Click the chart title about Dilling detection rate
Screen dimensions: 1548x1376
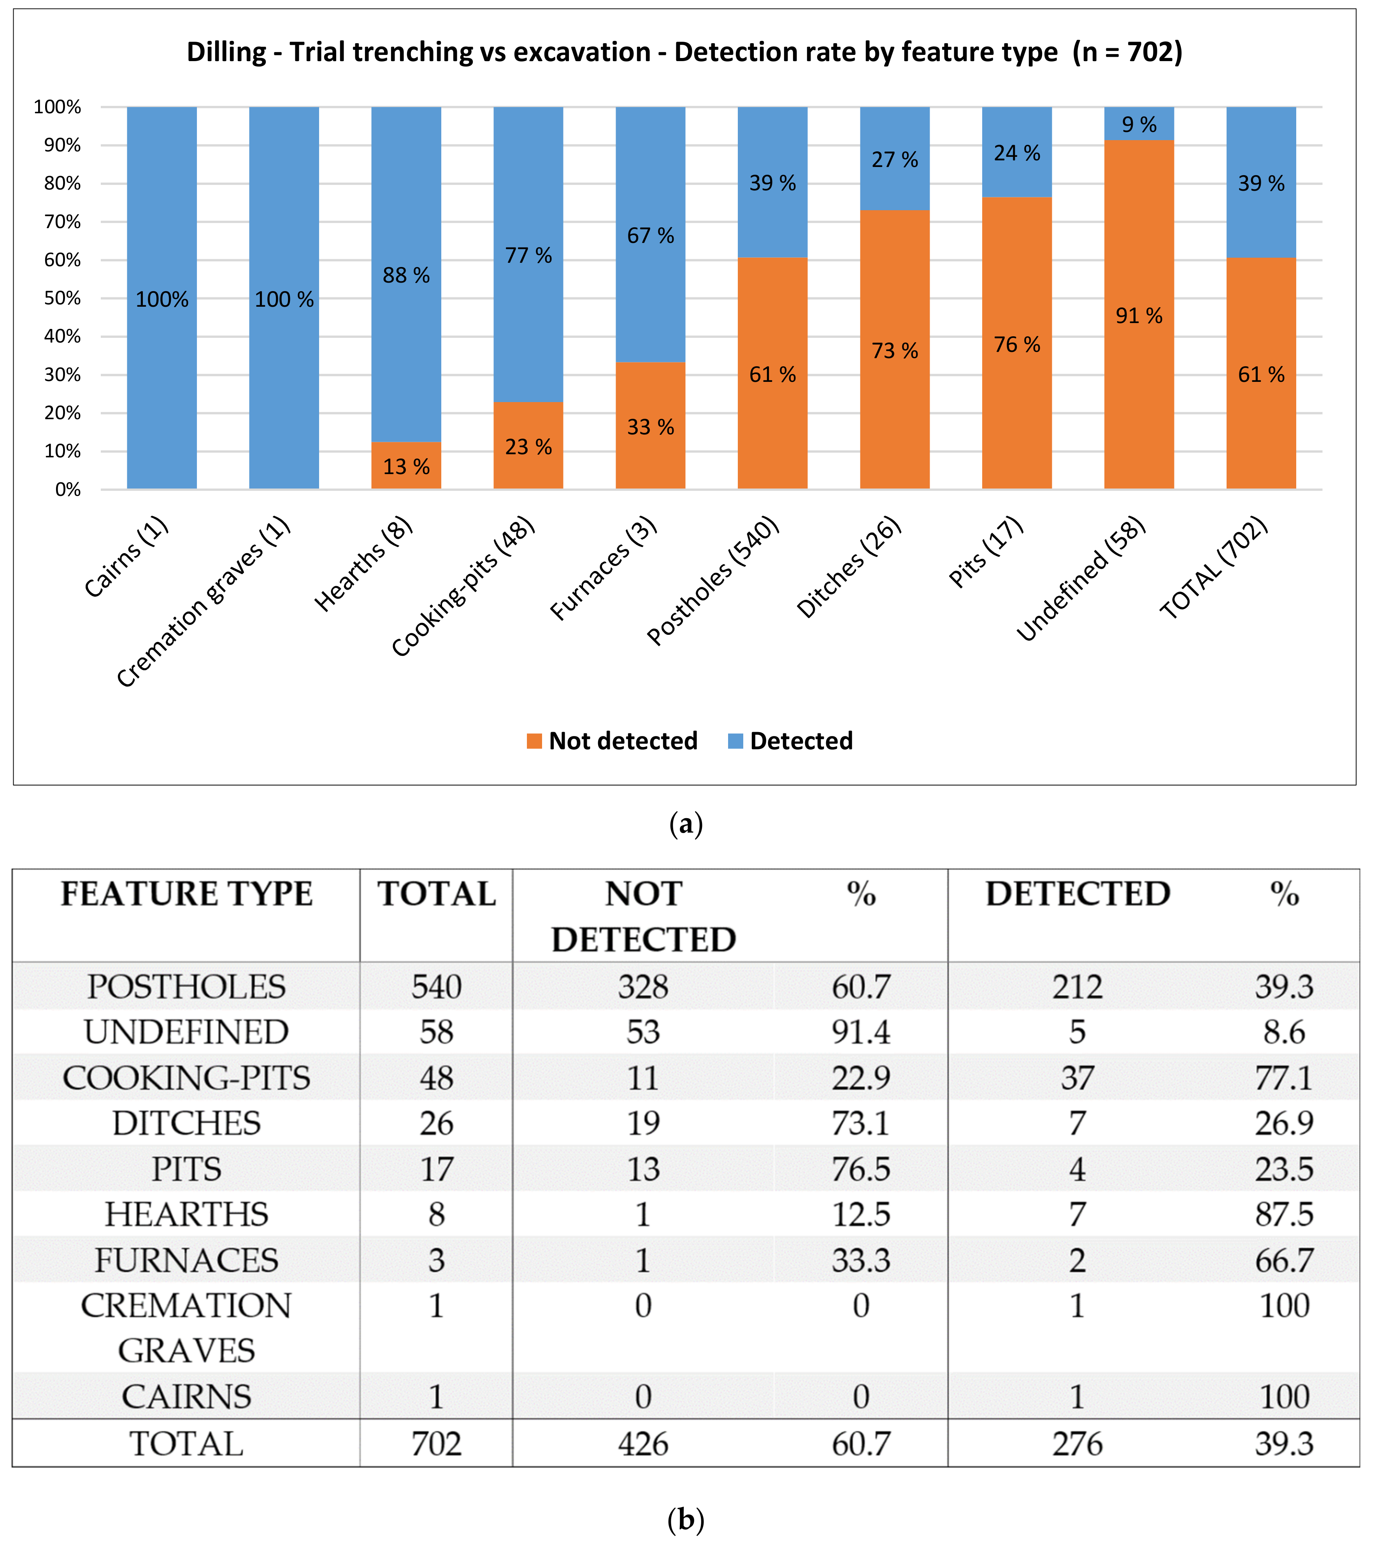(x=684, y=52)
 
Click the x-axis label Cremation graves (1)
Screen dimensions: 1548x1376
(x=203, y=602)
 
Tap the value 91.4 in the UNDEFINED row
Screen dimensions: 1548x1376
(x=861, y=1032)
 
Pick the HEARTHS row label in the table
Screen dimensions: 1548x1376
(x=186, y=1215)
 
